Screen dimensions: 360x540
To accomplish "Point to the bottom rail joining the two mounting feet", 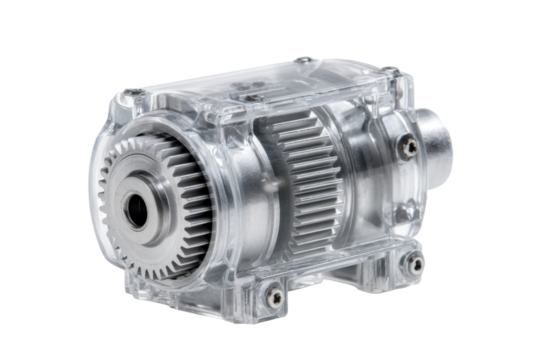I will (340, 275).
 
